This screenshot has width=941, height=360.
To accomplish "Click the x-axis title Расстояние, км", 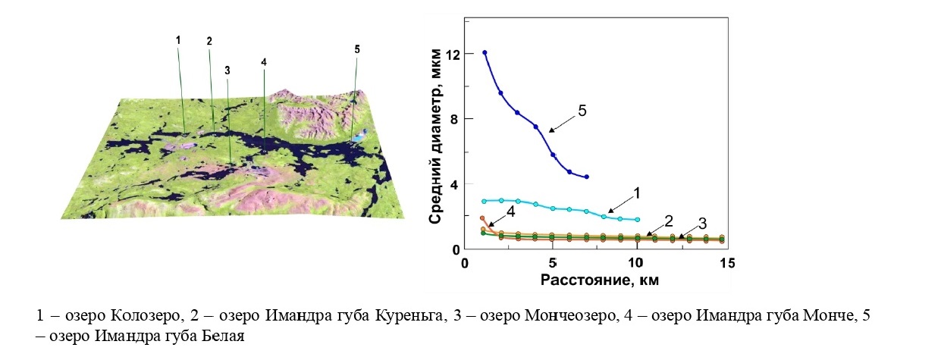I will [599, 280].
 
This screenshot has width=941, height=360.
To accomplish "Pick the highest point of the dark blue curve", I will [485, 52].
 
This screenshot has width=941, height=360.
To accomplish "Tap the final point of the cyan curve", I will [638, 220].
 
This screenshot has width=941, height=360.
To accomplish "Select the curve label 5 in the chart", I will [582, 111].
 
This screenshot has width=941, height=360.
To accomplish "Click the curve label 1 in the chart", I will [636, 193].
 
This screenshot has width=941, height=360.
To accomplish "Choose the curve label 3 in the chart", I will [702, 224].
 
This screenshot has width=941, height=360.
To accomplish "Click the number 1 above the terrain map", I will [177, 39].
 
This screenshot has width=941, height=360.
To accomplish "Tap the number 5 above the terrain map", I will [356, 49].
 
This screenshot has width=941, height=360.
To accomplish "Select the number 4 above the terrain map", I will [263, 61].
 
